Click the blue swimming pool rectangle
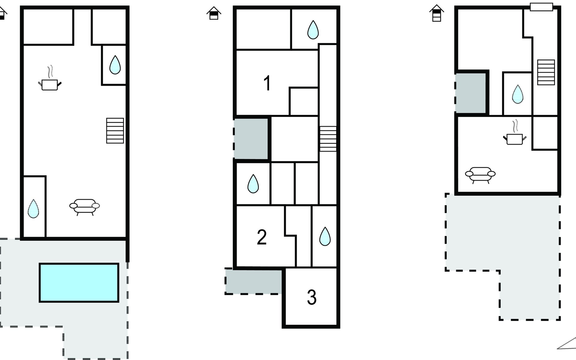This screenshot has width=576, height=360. (x=79, y=283)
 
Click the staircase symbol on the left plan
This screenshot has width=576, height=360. (x=115, y=130)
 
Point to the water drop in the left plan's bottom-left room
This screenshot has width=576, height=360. (x=33, y=208)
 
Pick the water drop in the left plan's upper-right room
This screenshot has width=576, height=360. (x=115, y=65)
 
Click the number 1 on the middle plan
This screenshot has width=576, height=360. (x=267, y=83)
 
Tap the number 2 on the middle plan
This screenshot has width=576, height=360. (x=262, y=237)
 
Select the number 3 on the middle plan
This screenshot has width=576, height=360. (x=312, y=297)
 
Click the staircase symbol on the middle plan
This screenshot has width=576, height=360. (x=328, y=139)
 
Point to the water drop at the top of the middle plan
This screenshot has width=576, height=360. (x=313, y=30)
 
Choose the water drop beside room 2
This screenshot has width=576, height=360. (x=325, y=236)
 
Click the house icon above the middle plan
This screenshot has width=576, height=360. (x=214, y=13)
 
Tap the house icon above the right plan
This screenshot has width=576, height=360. (x=436, y=13)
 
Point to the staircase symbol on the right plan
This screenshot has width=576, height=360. (x=546, y=72)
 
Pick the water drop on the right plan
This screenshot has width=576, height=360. (x=517, y=94)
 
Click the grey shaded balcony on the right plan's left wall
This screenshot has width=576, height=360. (x=470, y=93)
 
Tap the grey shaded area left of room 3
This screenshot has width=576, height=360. (x=253, y=281)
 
